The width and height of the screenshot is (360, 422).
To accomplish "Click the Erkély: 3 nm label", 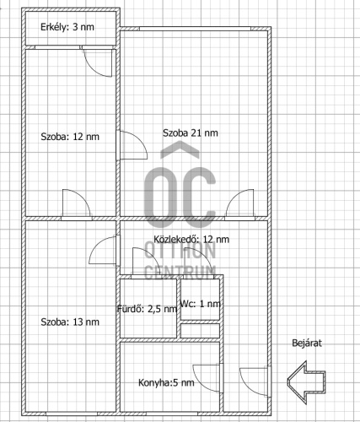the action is [67, 27].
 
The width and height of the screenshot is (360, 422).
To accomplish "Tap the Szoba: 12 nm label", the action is [70, 137].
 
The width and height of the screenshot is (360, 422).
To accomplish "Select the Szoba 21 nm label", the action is [191, 133].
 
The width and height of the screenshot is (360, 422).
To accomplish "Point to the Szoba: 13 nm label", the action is [70, 322].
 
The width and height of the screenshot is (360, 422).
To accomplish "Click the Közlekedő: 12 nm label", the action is [191, 239].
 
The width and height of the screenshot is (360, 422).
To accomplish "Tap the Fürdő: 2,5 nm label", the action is [147, 309].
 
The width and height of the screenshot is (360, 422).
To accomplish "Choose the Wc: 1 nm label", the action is [200, 304].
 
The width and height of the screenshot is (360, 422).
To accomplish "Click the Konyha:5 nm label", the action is [166, 382].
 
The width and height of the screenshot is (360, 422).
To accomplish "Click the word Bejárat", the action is [307, 343].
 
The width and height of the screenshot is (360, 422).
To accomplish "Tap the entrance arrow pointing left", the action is [306, 382].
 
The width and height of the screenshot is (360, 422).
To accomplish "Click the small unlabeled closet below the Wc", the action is [200, 331].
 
